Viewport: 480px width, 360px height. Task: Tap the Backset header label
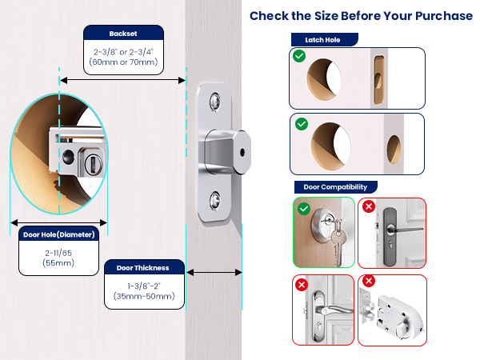click(x=123, y=34)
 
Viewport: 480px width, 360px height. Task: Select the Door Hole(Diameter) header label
click(x=58, y=234)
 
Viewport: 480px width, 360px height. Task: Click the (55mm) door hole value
click(x=58, y=262)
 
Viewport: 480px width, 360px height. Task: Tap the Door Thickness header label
click(x=144, y=267)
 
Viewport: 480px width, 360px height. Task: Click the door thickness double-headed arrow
click(x=214, y=273)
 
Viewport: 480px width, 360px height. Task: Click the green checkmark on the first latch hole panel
click(x=298, y=57)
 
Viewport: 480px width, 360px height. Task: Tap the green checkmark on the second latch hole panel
click(x=301, y=124)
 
